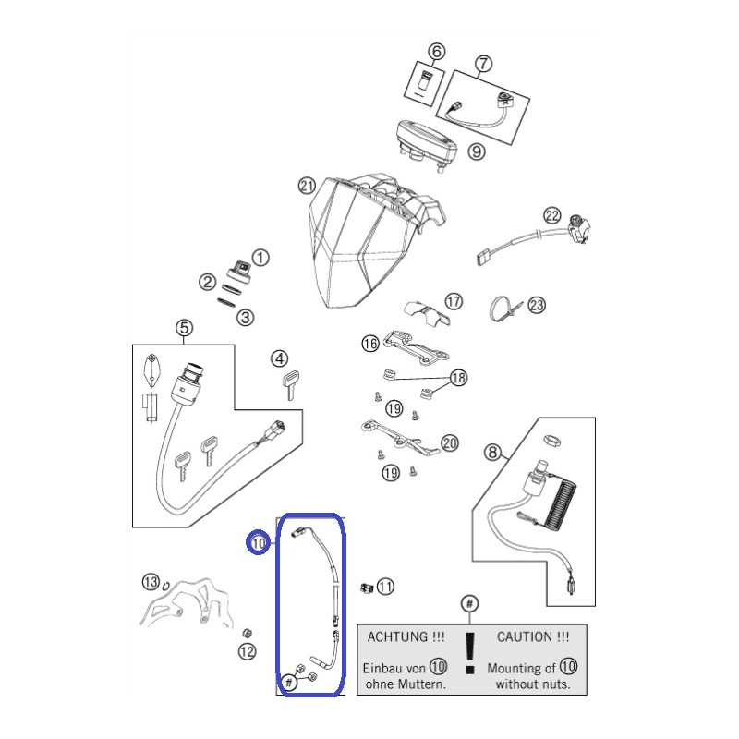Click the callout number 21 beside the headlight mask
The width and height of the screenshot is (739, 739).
point(307,187)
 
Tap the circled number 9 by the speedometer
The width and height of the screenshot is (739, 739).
point(477,151)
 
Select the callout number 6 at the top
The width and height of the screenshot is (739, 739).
point(436,52)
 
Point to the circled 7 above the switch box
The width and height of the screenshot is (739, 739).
point(483,64)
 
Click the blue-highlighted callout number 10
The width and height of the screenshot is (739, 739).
point(259,543)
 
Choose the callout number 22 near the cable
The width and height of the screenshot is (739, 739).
point(551,216)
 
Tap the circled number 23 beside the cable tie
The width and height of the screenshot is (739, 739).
point(537,306)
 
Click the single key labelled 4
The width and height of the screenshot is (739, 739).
point(291,384)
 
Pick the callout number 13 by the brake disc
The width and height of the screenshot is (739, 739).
point(151,582)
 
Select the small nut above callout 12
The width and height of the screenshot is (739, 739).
point(246,633)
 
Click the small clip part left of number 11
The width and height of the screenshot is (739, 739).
point(367,588)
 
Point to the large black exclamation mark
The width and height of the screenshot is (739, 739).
point(470,653)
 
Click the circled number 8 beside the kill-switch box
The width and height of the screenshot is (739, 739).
point(492,453)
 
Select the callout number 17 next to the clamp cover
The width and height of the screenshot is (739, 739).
point(454,301)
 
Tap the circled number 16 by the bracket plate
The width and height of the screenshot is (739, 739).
point(370,343)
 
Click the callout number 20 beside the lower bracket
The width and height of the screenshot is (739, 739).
point(450,443)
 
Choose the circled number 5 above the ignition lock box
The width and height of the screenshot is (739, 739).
point(184,328)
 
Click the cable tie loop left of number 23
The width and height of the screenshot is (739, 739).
point(499,309)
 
